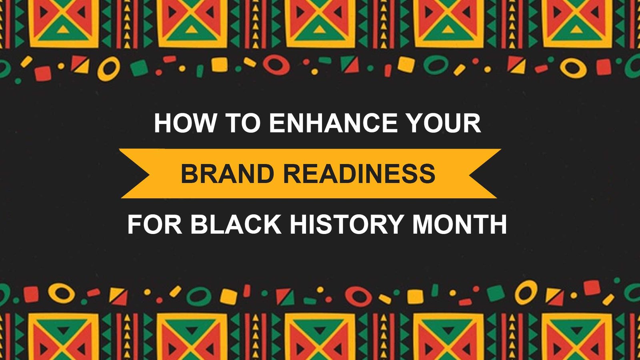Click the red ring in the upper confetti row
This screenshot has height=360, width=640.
[x=276, y=65]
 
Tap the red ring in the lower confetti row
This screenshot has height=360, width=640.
[x=358, y=296]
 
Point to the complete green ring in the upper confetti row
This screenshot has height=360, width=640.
[x=436, y=65]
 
